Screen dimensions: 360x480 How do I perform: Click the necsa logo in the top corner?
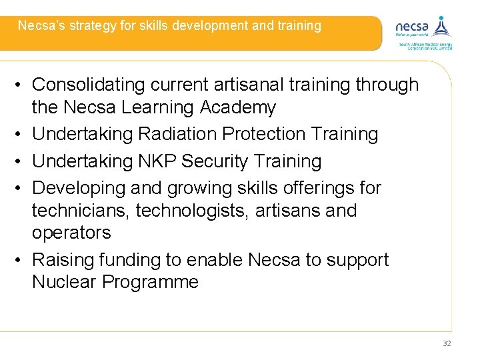point(423,31)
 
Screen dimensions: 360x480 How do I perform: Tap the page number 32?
point(447,343)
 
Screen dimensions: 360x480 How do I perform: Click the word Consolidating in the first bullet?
point(90,85)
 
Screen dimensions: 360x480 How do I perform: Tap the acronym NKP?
point(158,161)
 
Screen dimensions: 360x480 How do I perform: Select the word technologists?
point(189,211)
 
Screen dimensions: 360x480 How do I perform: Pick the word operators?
point(71,233)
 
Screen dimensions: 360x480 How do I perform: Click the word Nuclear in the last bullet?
point(64,282)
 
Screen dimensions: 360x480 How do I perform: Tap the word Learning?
point(159,107)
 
